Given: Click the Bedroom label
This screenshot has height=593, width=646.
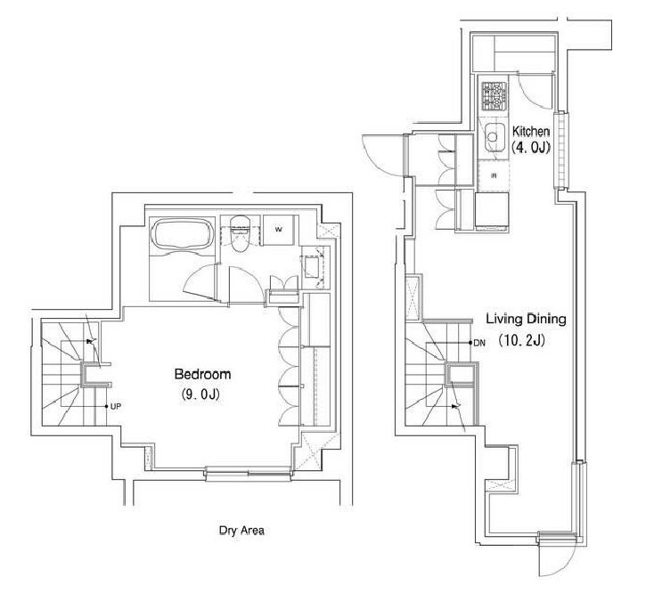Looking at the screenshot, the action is [x=202, y=374].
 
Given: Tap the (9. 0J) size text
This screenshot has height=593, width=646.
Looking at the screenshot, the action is [x=201, y=394].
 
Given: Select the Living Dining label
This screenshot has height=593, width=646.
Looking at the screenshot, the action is [x=526, y=320].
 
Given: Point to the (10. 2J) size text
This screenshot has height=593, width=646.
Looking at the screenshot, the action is [x=522, y=340].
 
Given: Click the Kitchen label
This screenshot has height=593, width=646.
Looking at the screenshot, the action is [x=531, y=132].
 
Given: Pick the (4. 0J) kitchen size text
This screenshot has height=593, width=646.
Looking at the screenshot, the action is [x=531, y=148].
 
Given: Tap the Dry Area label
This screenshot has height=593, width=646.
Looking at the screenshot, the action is [x=241, y=531].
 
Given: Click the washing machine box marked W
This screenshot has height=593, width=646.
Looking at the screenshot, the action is [x=279, y=230].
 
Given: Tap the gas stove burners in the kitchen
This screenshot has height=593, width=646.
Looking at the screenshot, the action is [x=494, y=96].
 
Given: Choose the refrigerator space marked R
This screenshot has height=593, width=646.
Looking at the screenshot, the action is [x=494, y=175].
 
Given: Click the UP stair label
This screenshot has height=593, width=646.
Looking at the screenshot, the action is [x=116, y=406].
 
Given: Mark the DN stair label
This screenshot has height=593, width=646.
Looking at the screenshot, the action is [x=479, y=343].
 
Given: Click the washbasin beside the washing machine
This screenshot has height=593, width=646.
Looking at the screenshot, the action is [x=312, y=267].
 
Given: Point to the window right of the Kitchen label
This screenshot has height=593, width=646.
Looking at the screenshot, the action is [x=560, y=150].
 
